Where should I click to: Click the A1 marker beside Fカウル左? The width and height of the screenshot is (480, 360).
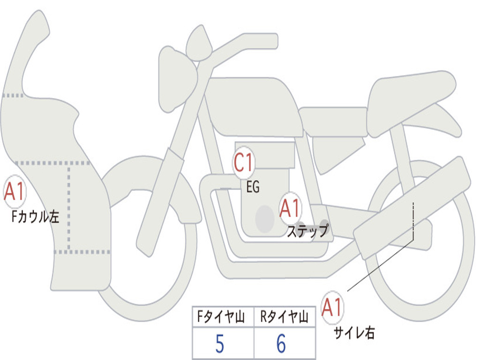click(x=14, y=192)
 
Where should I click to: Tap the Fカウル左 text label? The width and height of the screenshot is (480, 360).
click(x=36, y=217)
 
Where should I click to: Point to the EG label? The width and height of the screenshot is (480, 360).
click(x=253, y=187)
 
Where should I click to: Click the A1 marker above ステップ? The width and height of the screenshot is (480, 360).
click(x=290, y=208)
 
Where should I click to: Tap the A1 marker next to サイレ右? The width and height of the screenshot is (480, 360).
click(x=332, y=307)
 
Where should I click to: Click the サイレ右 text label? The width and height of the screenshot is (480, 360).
click(x=354, y=333)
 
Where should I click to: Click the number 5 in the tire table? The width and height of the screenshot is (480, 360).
click(x=220, y=345)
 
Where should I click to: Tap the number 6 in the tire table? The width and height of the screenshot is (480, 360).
click(x=281, y=345)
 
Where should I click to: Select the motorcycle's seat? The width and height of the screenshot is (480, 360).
click(x=408, y=96)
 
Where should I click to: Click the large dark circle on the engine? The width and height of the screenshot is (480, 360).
click(x=264, y=218)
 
